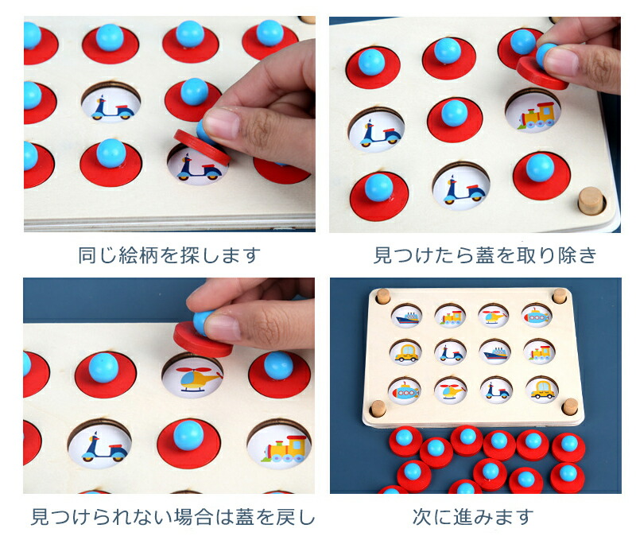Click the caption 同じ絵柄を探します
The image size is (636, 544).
click(x=169, y=255)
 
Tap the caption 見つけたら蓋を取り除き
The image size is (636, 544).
click(x=485, y=255)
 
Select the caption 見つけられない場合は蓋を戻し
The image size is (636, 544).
click(x=173, y=517)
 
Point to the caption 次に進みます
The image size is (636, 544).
click(x=473, y=517)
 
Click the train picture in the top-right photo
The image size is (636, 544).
click(x=536, y=115)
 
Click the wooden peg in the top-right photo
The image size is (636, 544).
click(x=591, y=200)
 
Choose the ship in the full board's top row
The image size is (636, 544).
click(x=407, y=317)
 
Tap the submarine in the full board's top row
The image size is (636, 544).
click(x=537, y=315)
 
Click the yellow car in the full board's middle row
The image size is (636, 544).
click(x=406, y=352)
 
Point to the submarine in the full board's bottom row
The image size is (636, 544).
click(x=405, y=391)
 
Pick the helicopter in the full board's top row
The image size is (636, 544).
click(x=493, y=315)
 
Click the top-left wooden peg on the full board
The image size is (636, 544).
click(x=382, y=296)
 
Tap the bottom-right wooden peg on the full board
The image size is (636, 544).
click(x=570, y=406)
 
